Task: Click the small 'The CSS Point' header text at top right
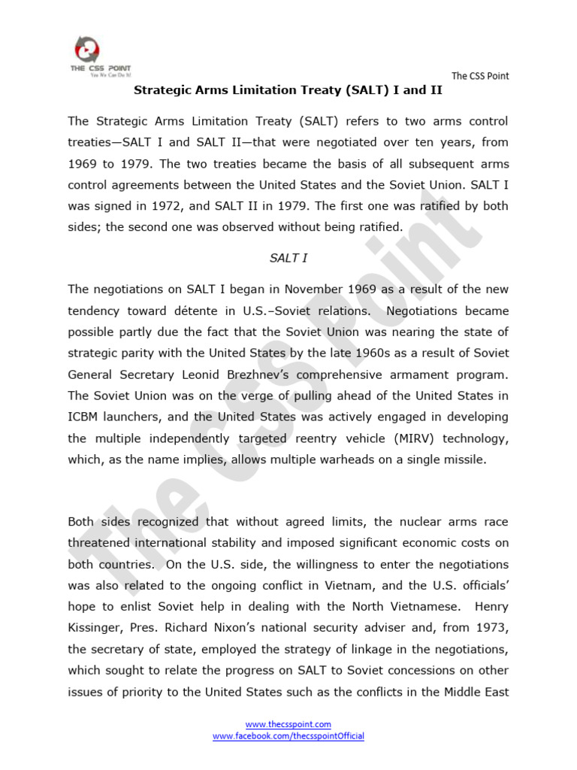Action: [x=480, y=76]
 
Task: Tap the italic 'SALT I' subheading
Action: [x=288, y=258]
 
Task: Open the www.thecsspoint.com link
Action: [x=288, y=724]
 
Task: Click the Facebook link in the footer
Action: [x=288, y=736]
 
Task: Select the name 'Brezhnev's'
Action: [x=300, y=374]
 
